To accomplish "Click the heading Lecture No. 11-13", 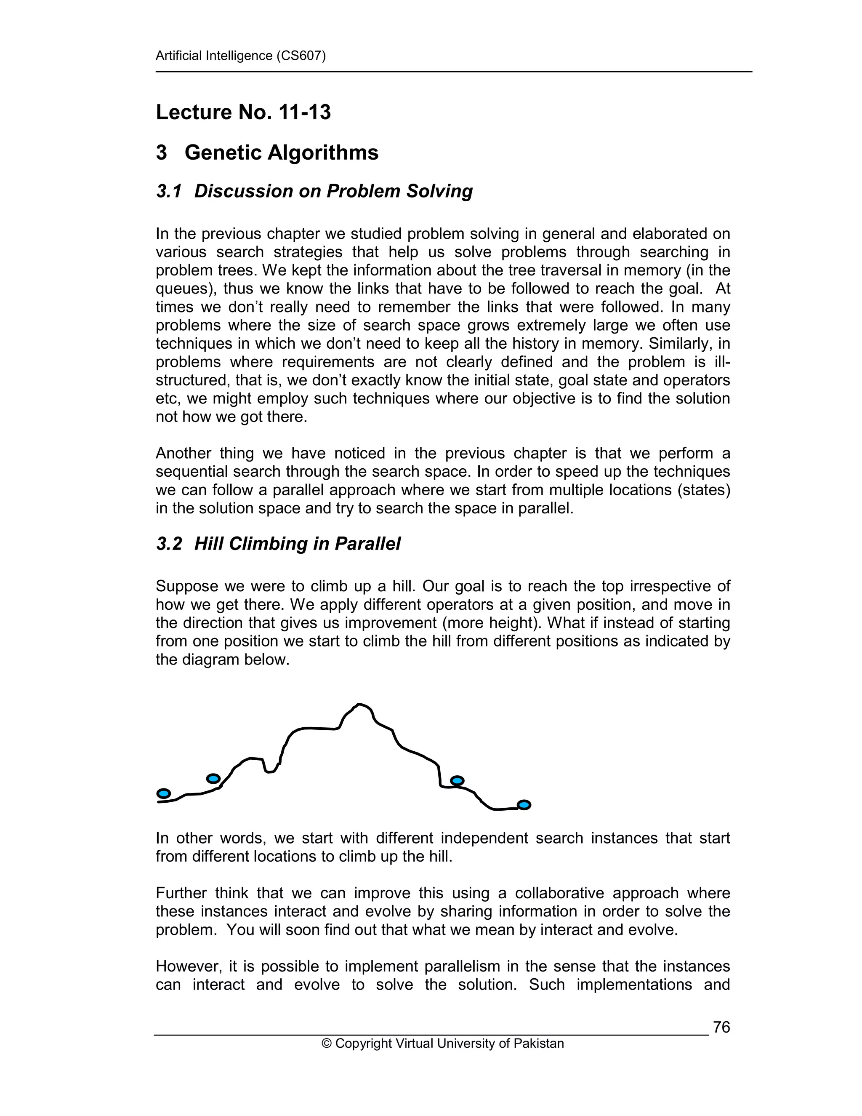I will click(x=243, y=112).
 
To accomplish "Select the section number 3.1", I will click(x=168, y=191).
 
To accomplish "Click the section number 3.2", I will click(x=168, y=544).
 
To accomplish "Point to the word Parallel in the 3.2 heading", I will click(x=367, y=544).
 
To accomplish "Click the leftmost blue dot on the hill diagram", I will click(x=163, y=793).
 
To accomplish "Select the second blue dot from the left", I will click(x=213, y=779).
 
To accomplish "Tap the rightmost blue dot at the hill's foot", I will click(x=524, y=805).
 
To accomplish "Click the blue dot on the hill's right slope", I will click(x=457, y=780).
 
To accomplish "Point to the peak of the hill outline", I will click(x=359, y=705).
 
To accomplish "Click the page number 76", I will click(x=721, y=1027).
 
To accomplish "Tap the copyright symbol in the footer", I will click(x=326, y=1044).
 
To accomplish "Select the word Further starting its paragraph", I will click(x=180, y=893).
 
